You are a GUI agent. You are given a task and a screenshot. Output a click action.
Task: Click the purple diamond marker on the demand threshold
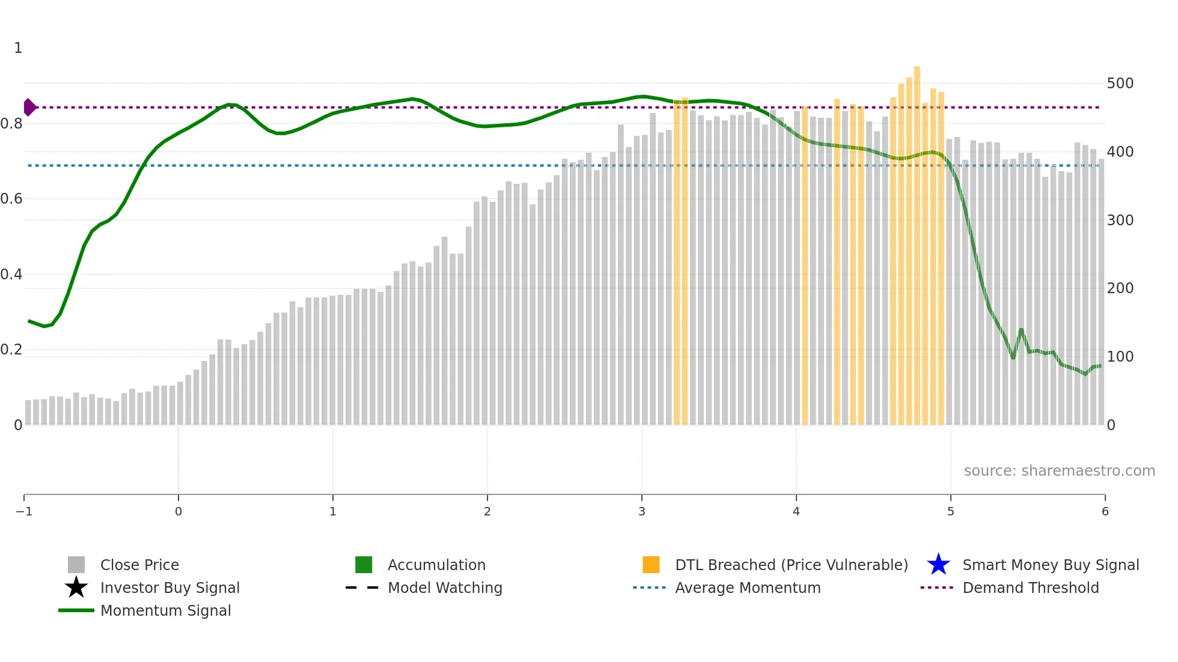tap(29, 108)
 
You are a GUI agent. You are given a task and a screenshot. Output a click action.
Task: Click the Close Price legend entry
tap(139, 565)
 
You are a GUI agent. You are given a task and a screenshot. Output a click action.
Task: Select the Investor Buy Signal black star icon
tap(76, 588)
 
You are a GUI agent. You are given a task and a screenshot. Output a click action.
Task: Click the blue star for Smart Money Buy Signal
tap(938, 565)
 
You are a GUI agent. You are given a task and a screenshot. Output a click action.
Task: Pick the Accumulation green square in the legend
tap(364, 565)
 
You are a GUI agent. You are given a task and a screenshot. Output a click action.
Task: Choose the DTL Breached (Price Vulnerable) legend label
tap(791, 565)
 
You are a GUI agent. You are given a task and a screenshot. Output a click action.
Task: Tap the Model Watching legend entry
tap(445, 588)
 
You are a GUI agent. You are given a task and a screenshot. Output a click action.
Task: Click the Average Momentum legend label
tap(748, 588)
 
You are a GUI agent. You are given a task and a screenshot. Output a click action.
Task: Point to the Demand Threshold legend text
tap(1030, 588)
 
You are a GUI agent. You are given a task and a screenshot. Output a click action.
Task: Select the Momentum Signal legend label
tap(165, 610)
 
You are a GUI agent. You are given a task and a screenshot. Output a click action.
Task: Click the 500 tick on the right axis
tap(1120, 84)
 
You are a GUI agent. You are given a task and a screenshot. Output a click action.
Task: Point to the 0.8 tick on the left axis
tap(11, 124)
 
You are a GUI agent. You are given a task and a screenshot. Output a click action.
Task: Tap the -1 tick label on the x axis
tap(24, 511)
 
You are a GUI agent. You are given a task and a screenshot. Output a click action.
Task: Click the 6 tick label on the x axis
tap(1105, 511)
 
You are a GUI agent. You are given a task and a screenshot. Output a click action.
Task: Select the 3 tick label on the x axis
tap(641, 511)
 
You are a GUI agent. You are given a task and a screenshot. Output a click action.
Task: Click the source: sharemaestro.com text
tap(1059, 470)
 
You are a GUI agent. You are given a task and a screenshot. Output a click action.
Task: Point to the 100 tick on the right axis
tap(1120, 356)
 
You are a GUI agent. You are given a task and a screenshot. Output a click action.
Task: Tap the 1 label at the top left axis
tap(18, 48)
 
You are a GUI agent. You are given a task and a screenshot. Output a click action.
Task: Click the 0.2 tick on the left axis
tap(11, 350)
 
